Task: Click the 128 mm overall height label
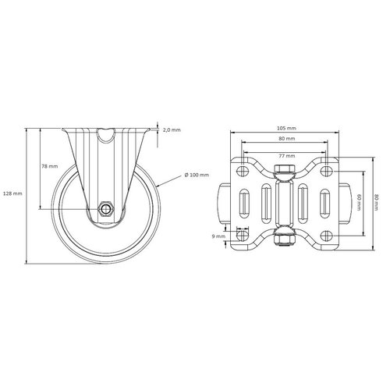coord(12,193)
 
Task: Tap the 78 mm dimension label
coord(50,166)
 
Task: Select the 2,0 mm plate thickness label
coord(172,129)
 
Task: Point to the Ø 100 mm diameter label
coord(197,175)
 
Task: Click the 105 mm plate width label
coord(287,128)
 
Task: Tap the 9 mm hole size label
coord(218,236)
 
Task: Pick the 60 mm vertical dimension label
coord(359,202)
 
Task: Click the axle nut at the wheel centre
coord(105,208)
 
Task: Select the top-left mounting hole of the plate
coord(243,171)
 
